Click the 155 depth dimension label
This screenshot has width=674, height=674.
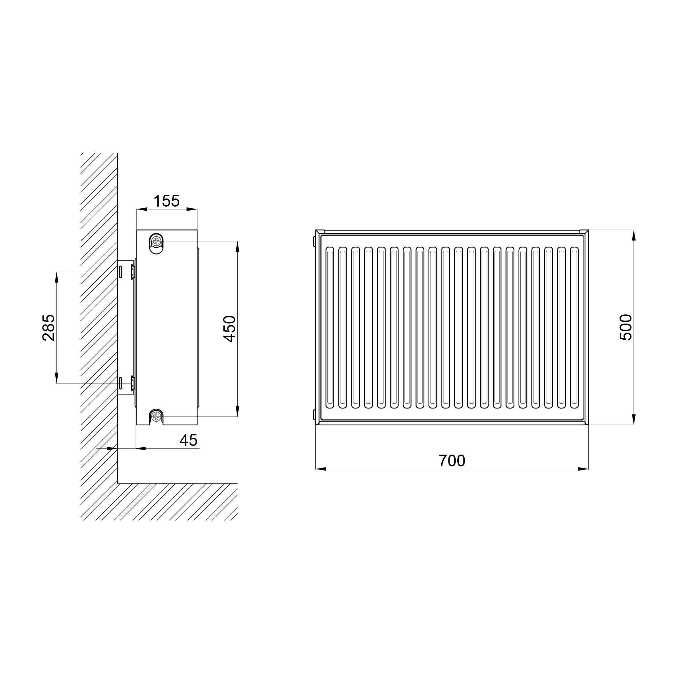click(166, 201)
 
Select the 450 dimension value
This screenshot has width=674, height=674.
click(229, 329)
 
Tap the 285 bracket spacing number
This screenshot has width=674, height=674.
click(49, 328)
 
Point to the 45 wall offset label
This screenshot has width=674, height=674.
click(188, 440)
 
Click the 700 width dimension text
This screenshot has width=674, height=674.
click(452, 461)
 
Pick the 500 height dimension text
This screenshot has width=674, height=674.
click(625, 327)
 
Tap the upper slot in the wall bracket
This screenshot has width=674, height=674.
click(120, 272)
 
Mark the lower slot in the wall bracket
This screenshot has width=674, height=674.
click(120, 383)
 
